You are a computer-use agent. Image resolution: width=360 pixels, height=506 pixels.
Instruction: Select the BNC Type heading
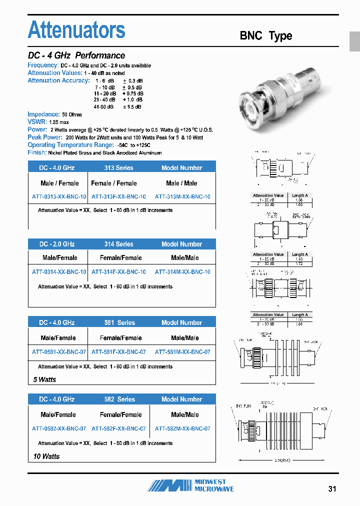coord(265,36)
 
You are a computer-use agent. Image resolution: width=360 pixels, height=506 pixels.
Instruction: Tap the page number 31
coord(332,488)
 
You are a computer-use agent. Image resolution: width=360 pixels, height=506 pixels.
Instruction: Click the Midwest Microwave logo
coord(190,485)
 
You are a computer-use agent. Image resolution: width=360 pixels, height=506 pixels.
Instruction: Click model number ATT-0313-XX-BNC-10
coord(59,197)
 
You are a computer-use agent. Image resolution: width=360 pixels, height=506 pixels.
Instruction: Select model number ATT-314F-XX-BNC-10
coord(118,272)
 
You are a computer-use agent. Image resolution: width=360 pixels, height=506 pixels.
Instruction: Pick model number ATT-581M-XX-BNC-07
coord(182,352)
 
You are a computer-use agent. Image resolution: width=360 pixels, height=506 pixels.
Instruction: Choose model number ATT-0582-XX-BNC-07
coord(59,428)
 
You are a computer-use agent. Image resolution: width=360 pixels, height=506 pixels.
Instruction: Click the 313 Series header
coord(118,168)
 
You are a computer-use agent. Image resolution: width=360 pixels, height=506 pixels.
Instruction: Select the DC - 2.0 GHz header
coord(57,244)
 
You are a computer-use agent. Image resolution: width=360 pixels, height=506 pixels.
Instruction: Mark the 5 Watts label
coord(44,379)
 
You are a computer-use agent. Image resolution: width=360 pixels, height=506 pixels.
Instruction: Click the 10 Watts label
coord(46,456)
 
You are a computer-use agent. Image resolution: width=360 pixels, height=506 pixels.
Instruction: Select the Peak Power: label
coord(45,137)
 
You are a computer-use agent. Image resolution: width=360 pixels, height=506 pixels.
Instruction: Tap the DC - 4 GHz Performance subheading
coord(76,55)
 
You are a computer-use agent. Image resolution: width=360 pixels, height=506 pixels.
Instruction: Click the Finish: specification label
coord(37,152)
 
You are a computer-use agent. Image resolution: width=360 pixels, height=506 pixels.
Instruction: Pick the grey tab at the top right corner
coord(354,41)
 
